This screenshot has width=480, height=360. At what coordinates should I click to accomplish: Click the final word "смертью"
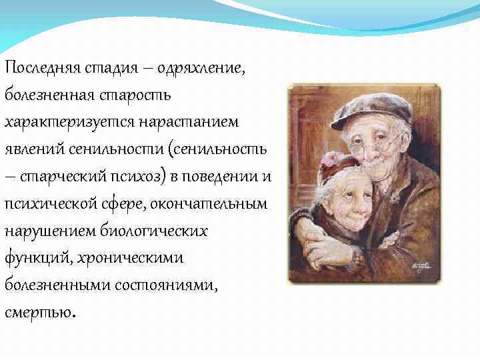[40, 313]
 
